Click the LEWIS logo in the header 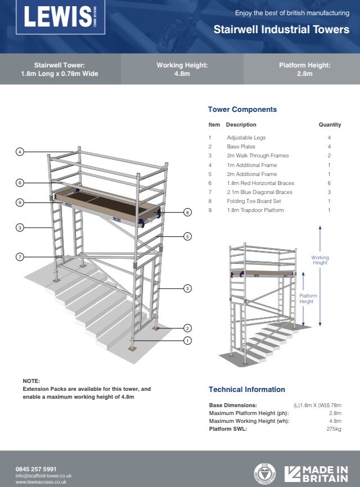(x=57, y=18)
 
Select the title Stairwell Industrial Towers (x=281, y=30)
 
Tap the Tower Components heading (x=242, y=110)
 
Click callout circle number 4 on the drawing (x=20, y=152)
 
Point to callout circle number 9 (x=20, y=202)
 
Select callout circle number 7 (x=20, y=256)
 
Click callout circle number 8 (x=188, y=212)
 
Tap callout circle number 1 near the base (x=188, y=340)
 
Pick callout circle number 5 (x=188, y=237)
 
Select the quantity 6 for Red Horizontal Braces (x=330, y=183)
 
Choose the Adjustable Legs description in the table (x=246, y=138)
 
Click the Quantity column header (x=330, y=125)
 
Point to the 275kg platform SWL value (x=334, y=429)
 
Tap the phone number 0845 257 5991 (x=36, y=469)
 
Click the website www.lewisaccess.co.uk (x=41, y=482)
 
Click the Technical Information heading (x=246, y=390)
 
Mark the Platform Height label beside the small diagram (x=308, y=299)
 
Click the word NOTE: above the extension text (x=31, y=381)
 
